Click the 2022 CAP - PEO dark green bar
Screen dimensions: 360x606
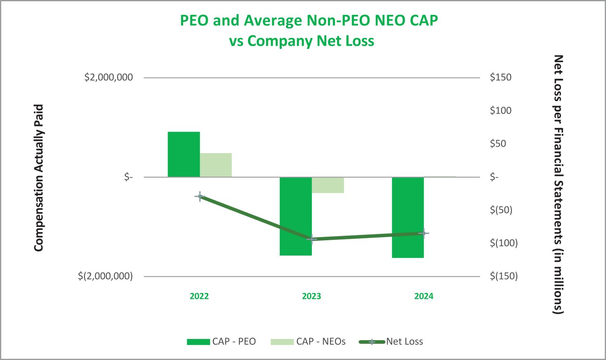pyautogui.click(x=184, y=154)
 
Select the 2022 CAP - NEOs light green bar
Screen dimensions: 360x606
pyautogui.click(x=216, y=165)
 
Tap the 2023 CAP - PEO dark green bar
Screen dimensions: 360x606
pyautogui.click(x=295, y=216)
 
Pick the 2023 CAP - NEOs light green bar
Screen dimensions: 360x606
pyautogui.click(x=328, y=185)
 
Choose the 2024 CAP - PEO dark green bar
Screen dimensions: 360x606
pyautogui.click(x=408, y=217)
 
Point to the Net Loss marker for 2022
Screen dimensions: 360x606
pyautogui.click(x=200, y=197)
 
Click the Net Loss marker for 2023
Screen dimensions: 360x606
pyautogui.click(x=312, y=239)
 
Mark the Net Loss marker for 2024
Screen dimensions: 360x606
pyautogui.click(x=423, y=233)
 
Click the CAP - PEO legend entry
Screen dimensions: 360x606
pyautogui.click(x=222, y=341)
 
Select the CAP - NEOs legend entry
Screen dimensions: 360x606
pyautogui.click(x=308, y=341)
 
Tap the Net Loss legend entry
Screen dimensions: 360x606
pyautogui.click(x=391, y=341)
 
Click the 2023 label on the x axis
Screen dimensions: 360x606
pyautogui.click(x=311, y=296)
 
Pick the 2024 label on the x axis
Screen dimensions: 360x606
pyautogui.click(x=424, y=296)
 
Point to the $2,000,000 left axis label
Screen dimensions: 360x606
pyautogui.click(x=108, y=77)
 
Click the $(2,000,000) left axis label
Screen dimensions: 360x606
pyautogui.click(x=105, y=276)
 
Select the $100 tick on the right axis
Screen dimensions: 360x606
pyautogui.click(x=500, y=110)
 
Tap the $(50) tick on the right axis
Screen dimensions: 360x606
pyautogui.click(x=501, y=210)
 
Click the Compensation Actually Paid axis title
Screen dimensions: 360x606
pyautogui.click(x=38, y=178)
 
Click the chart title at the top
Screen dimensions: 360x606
pyautogui.click(x=309, y=31)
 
